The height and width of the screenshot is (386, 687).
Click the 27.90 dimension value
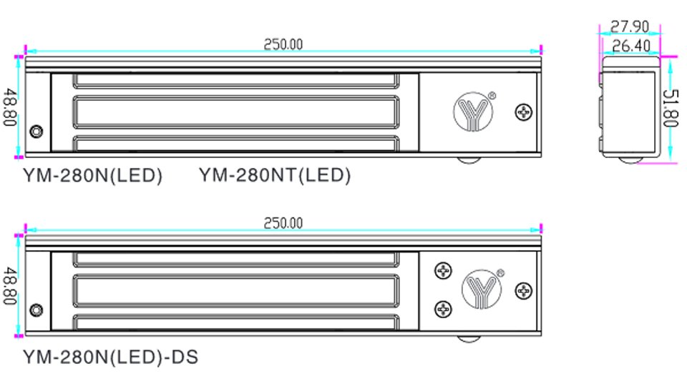click(629, 27)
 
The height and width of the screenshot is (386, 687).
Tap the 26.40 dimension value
click(629, 46)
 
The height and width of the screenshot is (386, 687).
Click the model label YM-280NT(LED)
click(275, 175)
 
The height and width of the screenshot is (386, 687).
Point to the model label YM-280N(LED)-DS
click(110, 355)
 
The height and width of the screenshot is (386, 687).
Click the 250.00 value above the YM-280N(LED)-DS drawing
click(283, 223)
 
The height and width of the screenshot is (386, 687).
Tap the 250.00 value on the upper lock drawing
click(283, 44)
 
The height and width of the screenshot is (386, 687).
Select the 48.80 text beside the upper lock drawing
click(11, 107)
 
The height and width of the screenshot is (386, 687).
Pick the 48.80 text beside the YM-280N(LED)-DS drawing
click(11, 286)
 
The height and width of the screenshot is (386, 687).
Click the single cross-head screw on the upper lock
click(525, 112)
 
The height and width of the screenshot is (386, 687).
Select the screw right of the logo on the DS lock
click(525, 291)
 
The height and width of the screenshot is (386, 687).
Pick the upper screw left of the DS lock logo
click(444, 271)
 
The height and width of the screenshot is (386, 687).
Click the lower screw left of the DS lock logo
click(444, 308)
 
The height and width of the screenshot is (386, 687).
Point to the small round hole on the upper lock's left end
click(36, 132)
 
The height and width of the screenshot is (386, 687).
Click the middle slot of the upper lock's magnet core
click(235, 111)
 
